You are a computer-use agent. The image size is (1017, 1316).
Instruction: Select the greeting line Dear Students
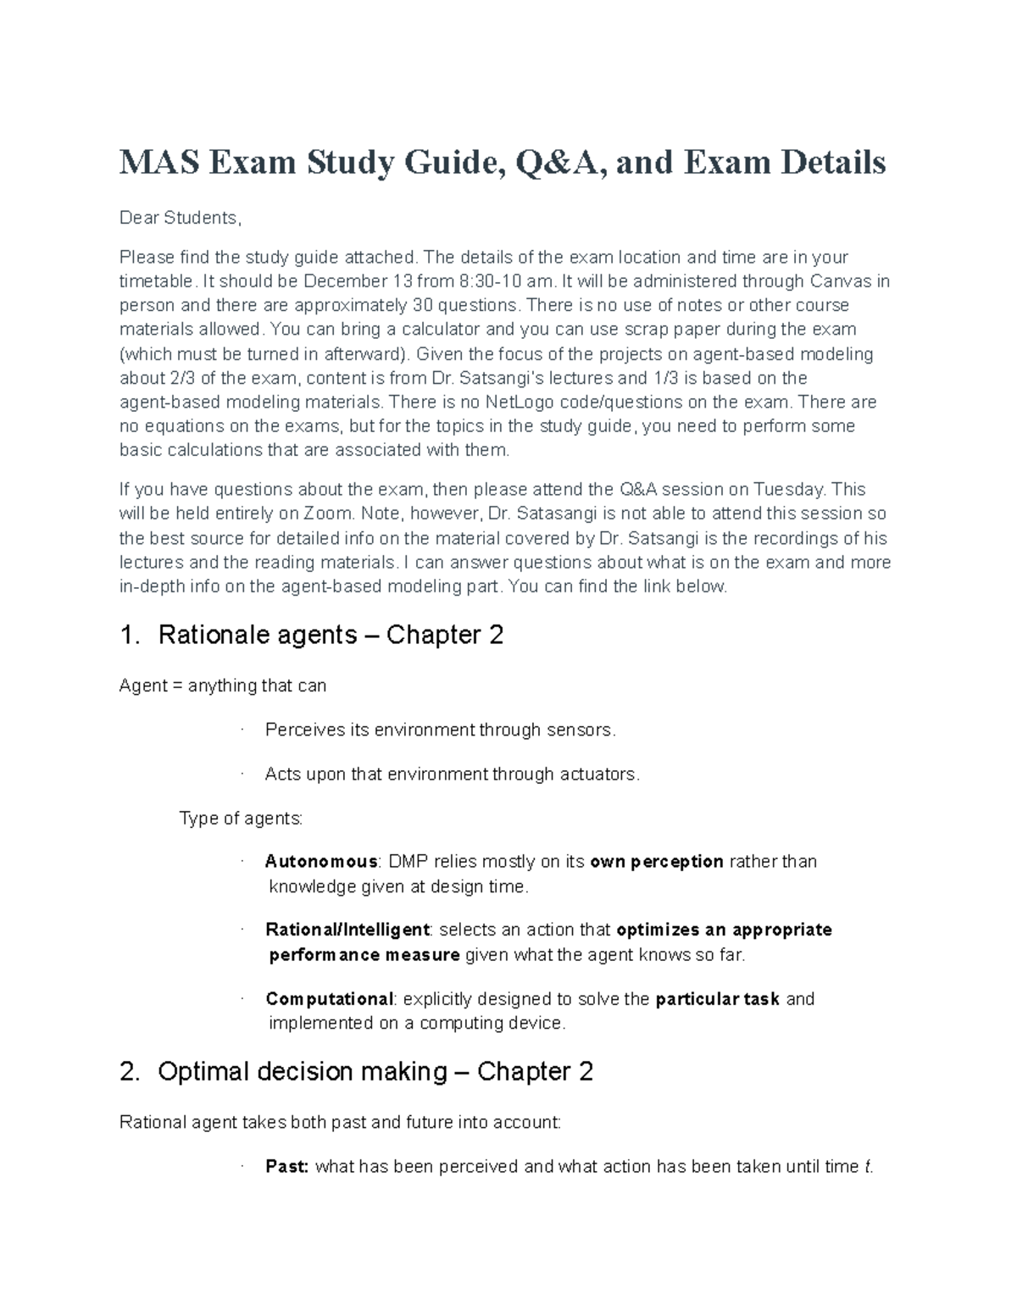pos(180,219)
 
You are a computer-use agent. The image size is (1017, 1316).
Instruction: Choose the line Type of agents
pos(241,819)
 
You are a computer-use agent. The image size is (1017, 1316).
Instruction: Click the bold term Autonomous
pos(321,862)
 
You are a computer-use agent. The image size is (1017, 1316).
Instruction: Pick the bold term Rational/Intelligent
pos(347,930)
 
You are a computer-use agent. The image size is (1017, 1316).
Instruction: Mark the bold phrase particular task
pos(717,1000)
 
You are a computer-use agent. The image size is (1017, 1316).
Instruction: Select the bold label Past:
pos(286,1167)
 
